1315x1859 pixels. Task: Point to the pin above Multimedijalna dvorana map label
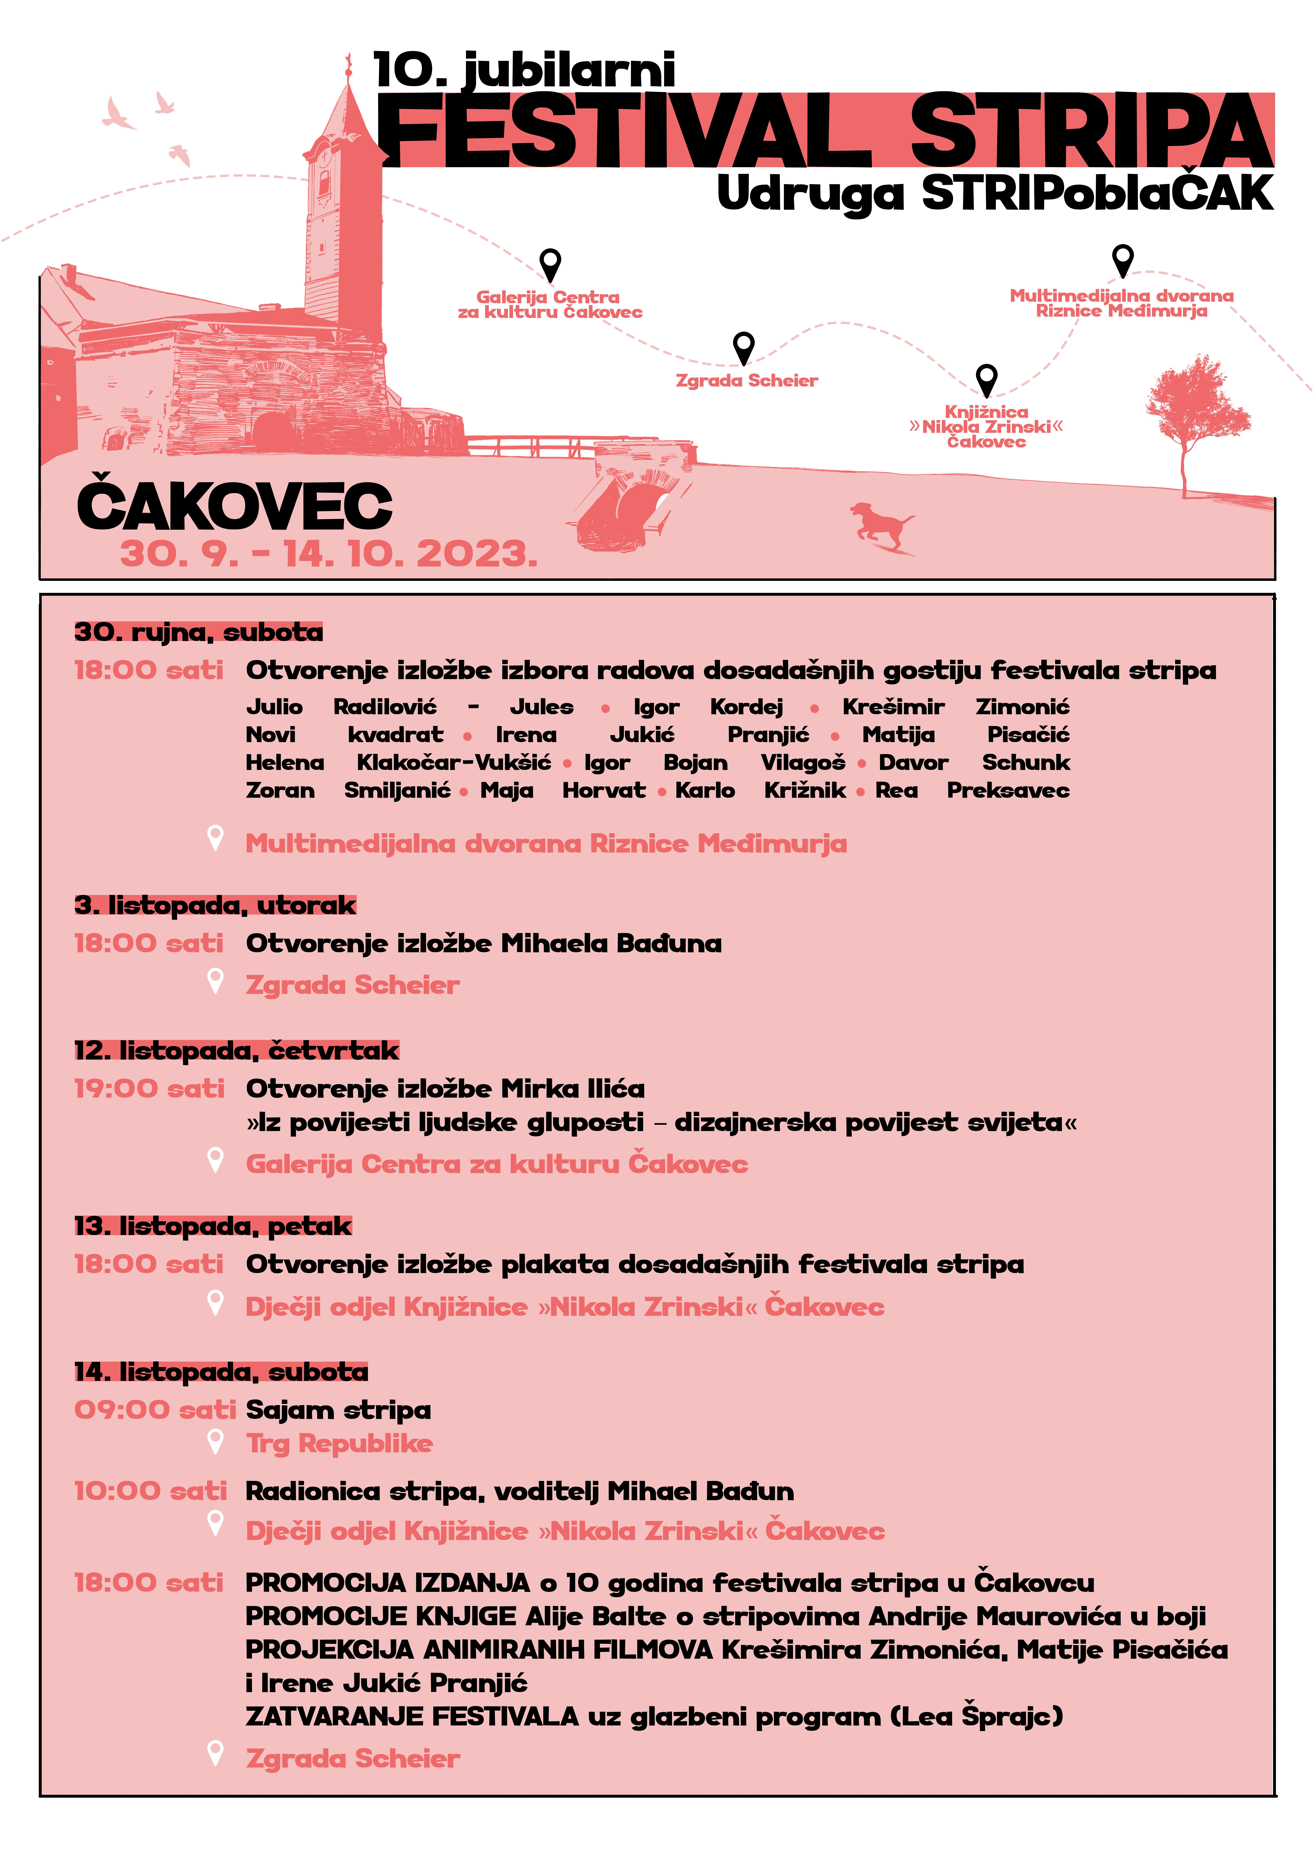[x=1122, y=260]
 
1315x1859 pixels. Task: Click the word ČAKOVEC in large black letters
[x=235, y=506]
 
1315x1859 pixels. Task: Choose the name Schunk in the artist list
[x=1026, y=763]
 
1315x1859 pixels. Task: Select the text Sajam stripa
[x=338, y=1410]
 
